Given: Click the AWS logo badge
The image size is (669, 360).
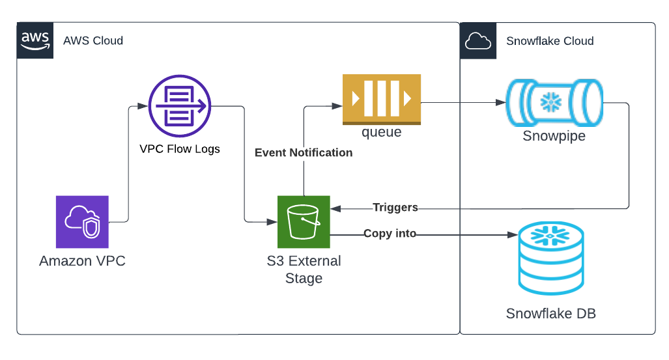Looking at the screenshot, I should pyautogui.click(x=35, y=40).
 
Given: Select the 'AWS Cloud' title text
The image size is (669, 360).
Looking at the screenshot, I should pyautogui.click(x=93, y=41).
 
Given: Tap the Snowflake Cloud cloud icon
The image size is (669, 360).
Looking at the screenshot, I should pyautogui.click(x=478, y=41).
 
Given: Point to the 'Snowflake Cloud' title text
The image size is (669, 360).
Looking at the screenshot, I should pyautogui.click(x=550, y=41).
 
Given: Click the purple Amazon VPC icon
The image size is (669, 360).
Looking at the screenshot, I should pyautogui.click(x=82, y=222).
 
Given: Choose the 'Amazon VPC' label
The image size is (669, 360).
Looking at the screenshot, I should pyautogui.click(x=82, y=262).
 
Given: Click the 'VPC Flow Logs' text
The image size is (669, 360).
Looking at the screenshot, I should pyautogui.click(x=180, y=149).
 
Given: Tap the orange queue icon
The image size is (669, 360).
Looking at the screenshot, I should pyautogui.click(x=382, y=100).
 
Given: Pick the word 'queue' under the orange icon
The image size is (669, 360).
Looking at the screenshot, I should pyautogui.click(x=382, y=133).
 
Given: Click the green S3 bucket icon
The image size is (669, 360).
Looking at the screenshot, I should pyautogui.click(x=304, y=222).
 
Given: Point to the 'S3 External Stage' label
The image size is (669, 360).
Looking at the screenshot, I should pyautogui.click(x=304, y=270).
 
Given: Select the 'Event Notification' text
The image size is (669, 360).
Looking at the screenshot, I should pyautogui.click(x=304, y=153).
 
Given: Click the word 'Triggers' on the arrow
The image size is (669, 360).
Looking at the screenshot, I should pyautogui.click(x=395, y=208).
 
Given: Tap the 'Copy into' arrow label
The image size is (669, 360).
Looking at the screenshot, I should pyautogui.click(x=390, y=233).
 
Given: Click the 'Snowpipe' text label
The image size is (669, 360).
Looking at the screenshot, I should pyautogui.click(x=554, y=136).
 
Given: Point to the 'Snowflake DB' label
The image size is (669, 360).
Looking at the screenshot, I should pyautogui.click(x=551, y=314).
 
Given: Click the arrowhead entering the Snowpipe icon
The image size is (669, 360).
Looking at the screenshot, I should pyautogui.click(x=502, y=103).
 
